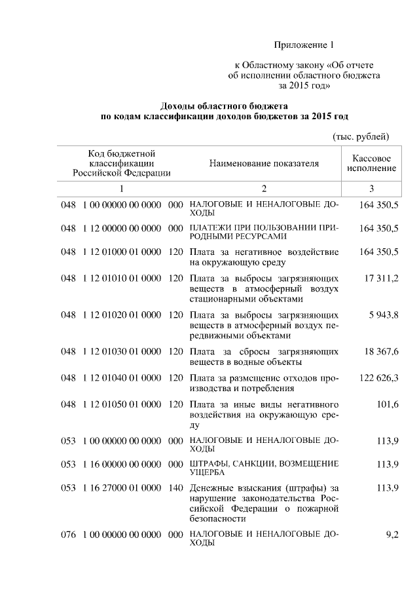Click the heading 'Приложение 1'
pos(303,45)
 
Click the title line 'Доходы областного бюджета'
pos(225,105)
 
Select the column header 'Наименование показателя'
pos(264,163)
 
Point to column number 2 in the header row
pos(264,189)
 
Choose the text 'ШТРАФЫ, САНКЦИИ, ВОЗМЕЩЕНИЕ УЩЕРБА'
pos(264,468)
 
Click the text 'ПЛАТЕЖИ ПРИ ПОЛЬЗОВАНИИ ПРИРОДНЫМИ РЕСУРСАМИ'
pos(264,233)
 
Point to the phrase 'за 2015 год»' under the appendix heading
pos(303,85)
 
